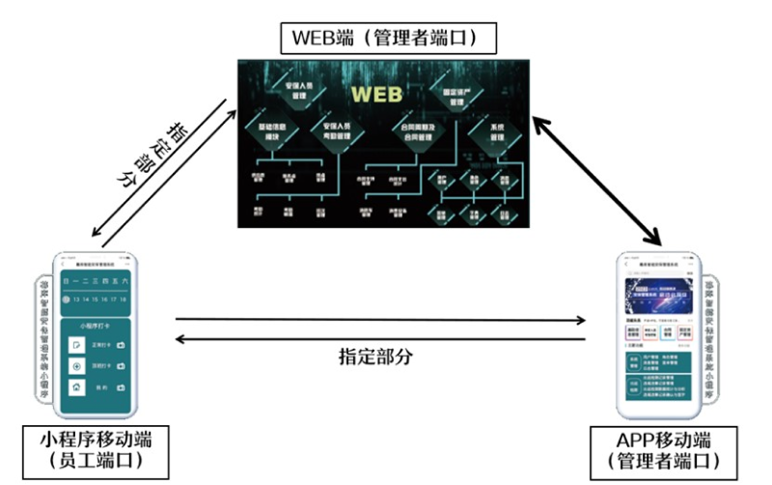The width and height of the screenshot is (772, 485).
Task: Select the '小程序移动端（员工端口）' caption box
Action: pos(94,450)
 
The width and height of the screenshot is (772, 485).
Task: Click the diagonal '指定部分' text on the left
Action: pos(151,155)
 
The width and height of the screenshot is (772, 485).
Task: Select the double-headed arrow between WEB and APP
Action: pos(599,173)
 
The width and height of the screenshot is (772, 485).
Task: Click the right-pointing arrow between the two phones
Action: pos(383,319)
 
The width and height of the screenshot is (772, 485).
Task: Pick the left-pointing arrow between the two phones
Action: pos(383,338)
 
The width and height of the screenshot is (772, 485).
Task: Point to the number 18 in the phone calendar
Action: pos(124,300)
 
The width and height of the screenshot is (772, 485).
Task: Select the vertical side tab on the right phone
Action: pos(709,337)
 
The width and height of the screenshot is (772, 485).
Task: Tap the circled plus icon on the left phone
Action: pos(76,366)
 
